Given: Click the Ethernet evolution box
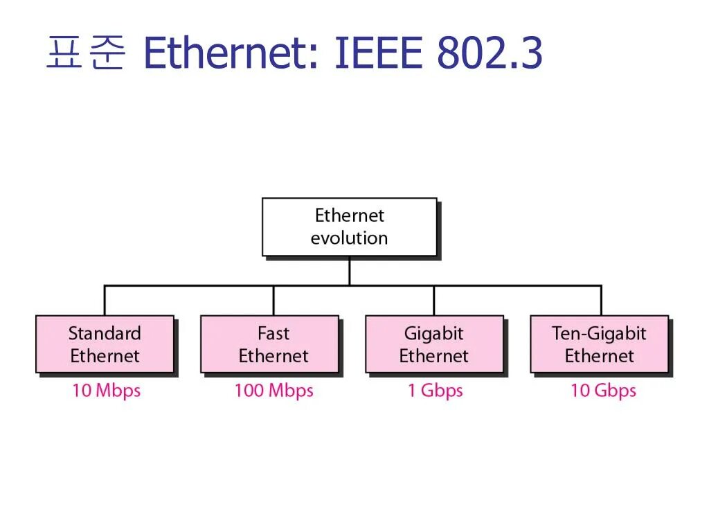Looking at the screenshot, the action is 349,227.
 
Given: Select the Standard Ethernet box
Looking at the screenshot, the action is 105,344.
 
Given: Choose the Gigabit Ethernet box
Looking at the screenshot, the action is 434,344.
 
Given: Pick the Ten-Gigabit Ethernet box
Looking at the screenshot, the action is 599,344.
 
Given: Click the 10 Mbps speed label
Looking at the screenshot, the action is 106,391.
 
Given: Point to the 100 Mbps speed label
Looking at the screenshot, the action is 273,391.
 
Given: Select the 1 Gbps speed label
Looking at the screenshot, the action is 435,391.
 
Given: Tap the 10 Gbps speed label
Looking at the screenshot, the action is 603,391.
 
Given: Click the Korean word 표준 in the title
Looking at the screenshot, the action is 85,54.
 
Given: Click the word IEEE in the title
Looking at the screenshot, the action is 378,54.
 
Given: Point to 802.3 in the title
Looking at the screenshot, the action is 490,54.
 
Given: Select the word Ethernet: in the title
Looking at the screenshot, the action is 231,54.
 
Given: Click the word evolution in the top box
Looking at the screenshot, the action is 349,238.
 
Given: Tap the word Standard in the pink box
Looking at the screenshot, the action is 105,333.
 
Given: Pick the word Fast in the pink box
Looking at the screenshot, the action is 273,333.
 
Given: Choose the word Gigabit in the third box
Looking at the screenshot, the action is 434,333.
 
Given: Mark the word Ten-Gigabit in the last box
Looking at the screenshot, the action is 599,333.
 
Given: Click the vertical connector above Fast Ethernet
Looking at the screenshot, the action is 273,300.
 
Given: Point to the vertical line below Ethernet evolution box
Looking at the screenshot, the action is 349,271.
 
